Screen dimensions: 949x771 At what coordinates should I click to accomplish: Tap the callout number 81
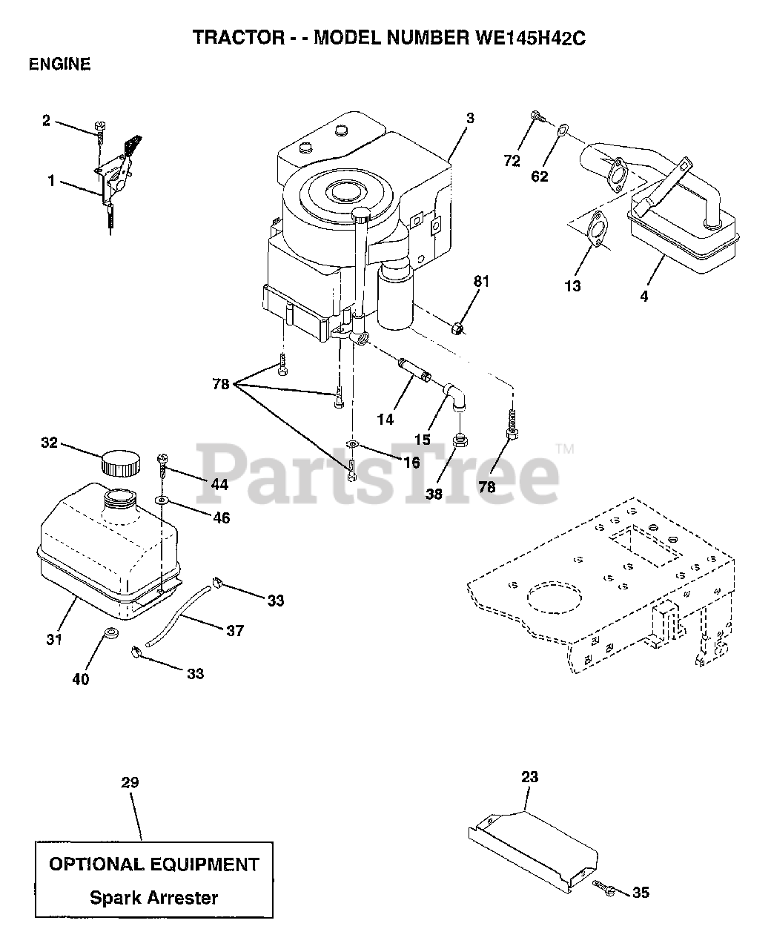[x=482, y=281]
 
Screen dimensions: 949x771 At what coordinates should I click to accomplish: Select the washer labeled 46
[x=161, y=500]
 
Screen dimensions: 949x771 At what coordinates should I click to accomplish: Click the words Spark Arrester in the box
[x=153, y=898]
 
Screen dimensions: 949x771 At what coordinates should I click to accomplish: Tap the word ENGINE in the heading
[x=59, y=65]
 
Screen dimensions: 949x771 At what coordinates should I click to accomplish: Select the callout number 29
[x=130, y=783]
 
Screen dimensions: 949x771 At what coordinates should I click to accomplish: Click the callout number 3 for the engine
[x=470, y=118]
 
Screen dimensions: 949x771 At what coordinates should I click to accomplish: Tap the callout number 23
[x=529, y=778]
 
